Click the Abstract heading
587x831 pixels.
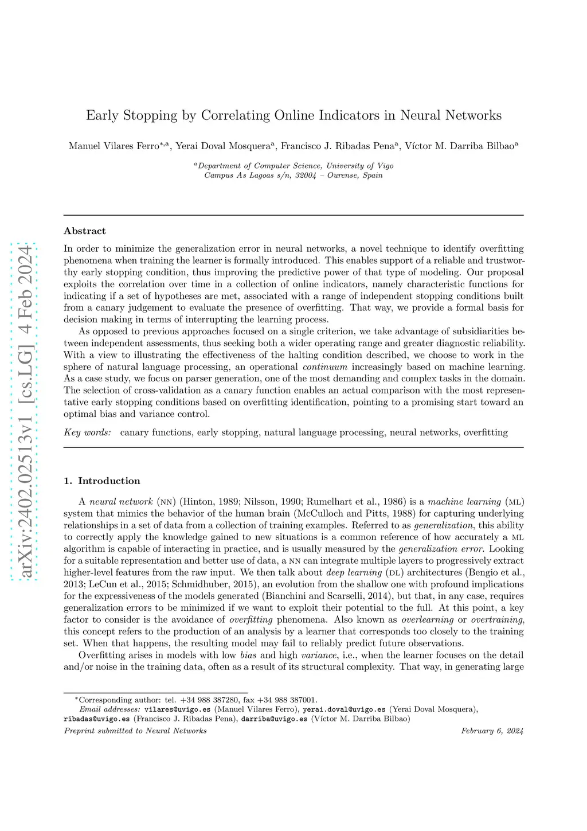[x=85, y=231]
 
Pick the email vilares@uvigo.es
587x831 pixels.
[x=177, y=709]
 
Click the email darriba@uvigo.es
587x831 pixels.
[x=274, y=719]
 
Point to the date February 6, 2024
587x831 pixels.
[x=492, y=731]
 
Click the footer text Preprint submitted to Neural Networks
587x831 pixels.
[x=135, y=731]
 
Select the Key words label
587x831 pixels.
[x=87, y=432]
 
